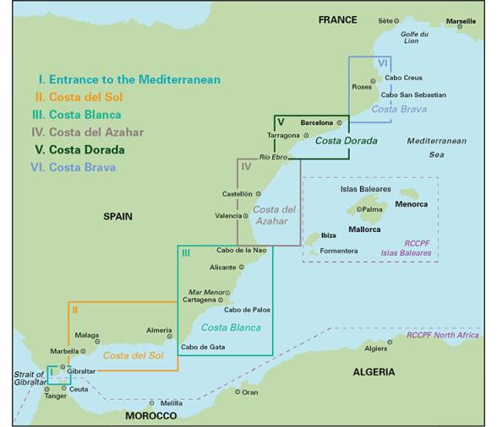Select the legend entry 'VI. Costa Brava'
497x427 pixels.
click(75, 167)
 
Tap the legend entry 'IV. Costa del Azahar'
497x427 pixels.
click(88, 132)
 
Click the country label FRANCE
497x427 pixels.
click(337, 19)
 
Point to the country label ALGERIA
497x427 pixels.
click(374, 371)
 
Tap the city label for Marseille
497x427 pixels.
click(461, 20)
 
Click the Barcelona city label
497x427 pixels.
click(316, 122)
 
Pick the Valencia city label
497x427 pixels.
click(227, 216)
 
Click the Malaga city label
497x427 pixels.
click(87, 334)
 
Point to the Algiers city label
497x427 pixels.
click(374, 349)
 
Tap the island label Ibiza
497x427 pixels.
click(330, 235)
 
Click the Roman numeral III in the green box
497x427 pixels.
click(184, 252)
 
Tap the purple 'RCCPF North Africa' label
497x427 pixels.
click(442, 335)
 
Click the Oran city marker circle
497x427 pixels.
click(238, 392)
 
